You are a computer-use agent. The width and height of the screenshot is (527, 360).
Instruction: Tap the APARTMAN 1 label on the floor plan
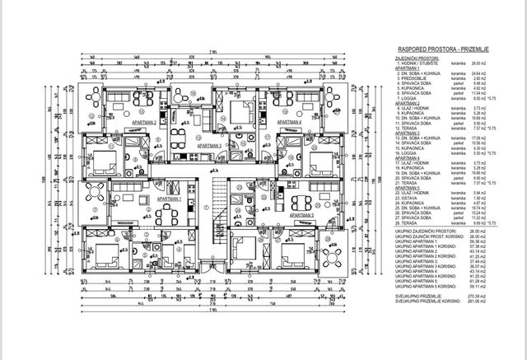coord(170,199)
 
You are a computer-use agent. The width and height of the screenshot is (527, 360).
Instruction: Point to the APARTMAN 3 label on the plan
coord(212,145)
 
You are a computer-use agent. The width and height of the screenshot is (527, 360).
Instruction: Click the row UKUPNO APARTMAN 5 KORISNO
coord(422,284)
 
